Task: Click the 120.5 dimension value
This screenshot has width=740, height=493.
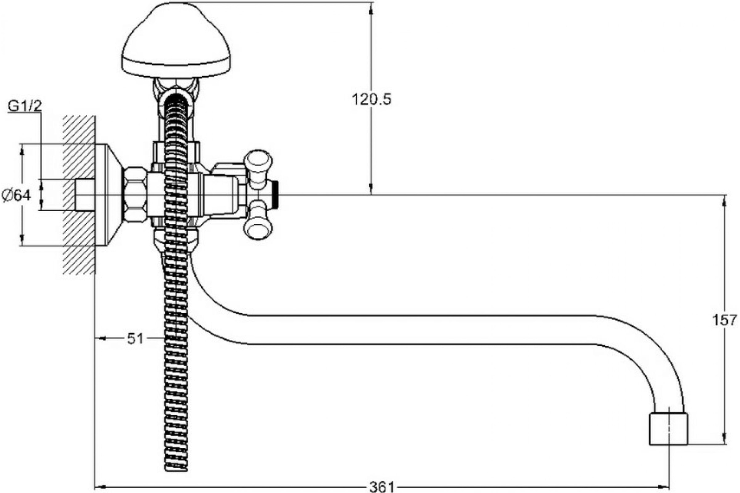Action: [371, 99]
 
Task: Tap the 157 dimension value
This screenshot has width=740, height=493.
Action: [725, 320]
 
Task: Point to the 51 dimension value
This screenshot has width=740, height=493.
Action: [135, 338]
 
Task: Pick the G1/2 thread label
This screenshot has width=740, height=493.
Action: [25, 107]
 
